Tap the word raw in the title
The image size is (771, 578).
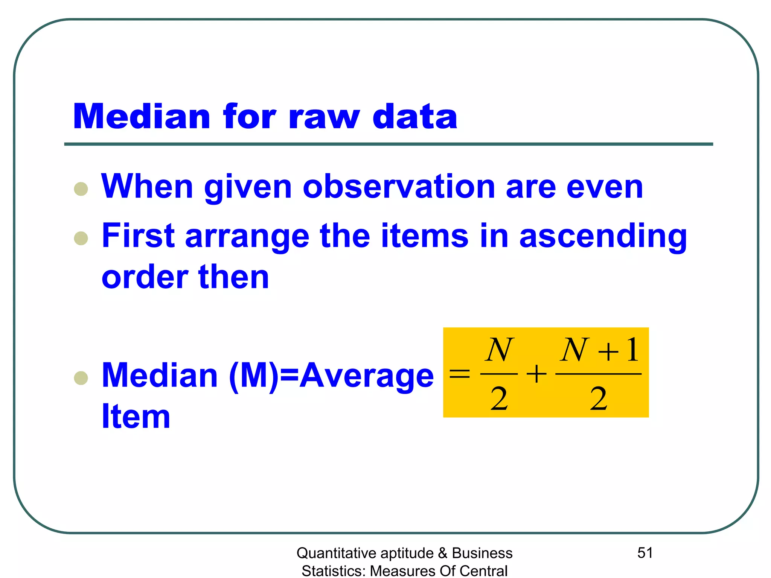[324, 117]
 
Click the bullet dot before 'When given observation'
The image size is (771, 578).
[81, 189]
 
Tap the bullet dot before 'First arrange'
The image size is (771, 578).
[81, 238]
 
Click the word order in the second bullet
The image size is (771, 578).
[145, 277]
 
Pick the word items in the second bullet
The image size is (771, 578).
[425, 236]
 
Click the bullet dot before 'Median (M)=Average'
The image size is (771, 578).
[81, 378]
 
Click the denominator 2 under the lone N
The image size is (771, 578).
[499, 399]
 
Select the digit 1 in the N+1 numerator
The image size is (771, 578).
[632, 350]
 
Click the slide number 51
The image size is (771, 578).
[645, 553]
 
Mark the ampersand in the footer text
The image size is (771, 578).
[443, 553]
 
